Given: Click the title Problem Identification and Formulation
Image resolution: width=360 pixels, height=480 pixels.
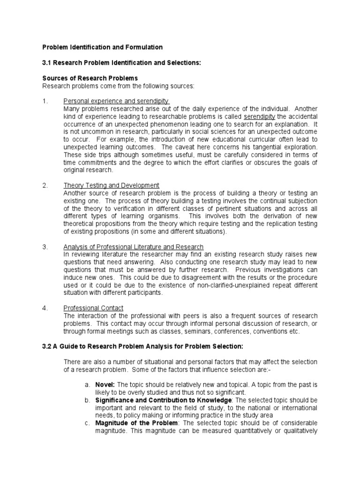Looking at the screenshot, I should [103, 47].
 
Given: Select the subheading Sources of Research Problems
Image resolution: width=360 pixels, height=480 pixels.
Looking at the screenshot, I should [90, 78].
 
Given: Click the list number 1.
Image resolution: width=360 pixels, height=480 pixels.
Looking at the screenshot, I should [45, 101].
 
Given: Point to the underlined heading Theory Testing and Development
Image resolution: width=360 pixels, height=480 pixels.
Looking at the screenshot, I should [111, 185].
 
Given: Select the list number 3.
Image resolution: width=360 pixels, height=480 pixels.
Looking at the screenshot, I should [45, 247].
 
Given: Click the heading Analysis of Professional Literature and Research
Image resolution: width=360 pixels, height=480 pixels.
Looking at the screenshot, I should [133, 247].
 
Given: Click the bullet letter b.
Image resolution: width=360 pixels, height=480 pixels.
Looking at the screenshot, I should [87, 400].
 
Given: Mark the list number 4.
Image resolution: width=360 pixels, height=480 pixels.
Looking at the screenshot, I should [45, 308].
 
